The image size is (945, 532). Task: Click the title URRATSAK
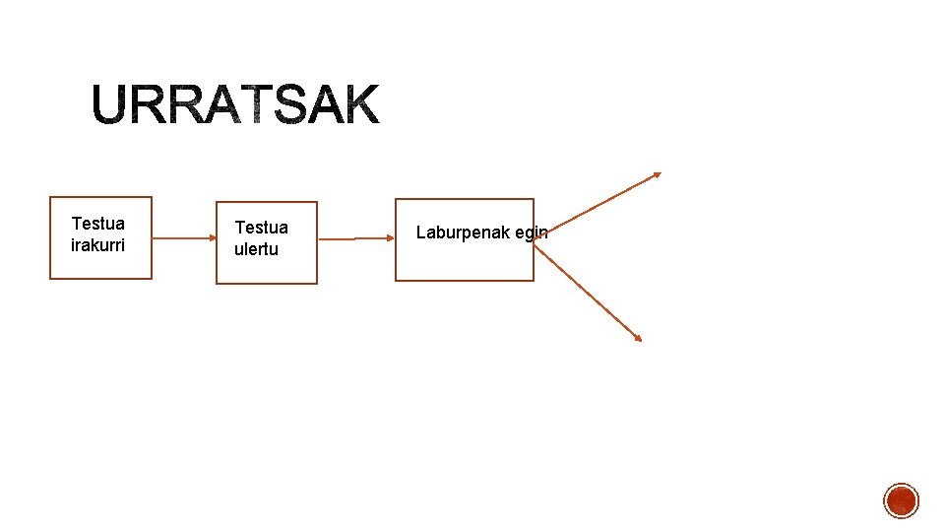pyautogui.click(x=236, y=104)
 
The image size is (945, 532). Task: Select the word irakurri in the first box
pyautogui.click(x=98, y=244)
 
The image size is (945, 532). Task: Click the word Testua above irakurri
pyautogui.click(x=98, y=224)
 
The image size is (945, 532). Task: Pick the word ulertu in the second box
pyautogui.click(x=256, y=249)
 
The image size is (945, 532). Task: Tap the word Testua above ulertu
pyautogui.click(x=261, y=229)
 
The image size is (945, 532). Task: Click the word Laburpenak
pyautogui.click(x=463, y=233)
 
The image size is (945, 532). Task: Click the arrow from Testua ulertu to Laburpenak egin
pyautogui.click(x=356, y=238)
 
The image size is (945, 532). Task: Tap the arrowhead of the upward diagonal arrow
pyautogui.click(x=657, y=175)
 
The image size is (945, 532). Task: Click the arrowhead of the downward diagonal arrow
pyautogui.click(x=637, y=338)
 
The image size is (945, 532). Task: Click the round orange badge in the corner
pyautogui.click(x=901, y=500)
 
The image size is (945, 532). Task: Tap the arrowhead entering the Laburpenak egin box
pyautogui.click(x=390, y=237)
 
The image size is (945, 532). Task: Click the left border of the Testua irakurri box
pyautogui.click(x=50, y=237)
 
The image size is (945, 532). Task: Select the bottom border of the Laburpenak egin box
pyautogui.click(x=464, y=281)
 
